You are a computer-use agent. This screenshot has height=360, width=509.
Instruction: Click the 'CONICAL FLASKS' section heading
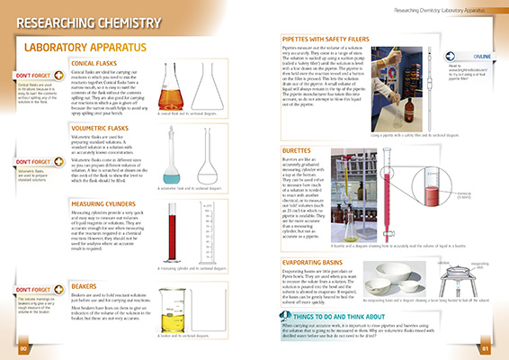point(102,63)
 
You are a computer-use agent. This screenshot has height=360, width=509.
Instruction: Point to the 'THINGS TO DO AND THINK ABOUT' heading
point(352,318)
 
